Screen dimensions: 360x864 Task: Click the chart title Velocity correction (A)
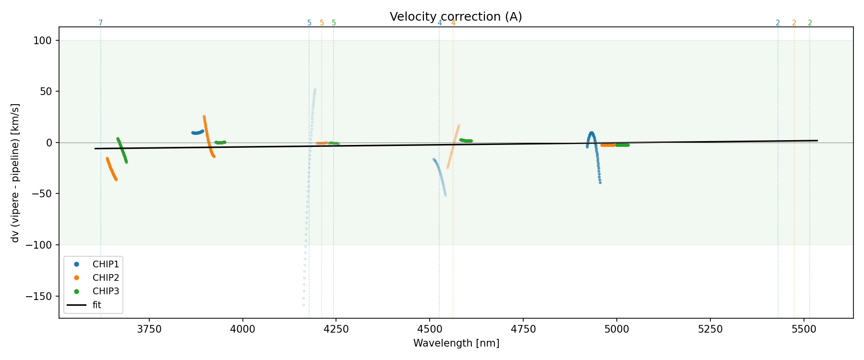pos(456,17)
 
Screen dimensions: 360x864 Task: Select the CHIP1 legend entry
pos(106,264)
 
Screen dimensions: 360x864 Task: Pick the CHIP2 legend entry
pos(106,277)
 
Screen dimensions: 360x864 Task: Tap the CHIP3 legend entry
pos(106,291)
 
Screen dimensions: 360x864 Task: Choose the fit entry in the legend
pos(97,305)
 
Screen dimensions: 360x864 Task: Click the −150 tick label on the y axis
pos(41,296)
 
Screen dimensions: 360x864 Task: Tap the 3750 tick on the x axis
pos(149,329)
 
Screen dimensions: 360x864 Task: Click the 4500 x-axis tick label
pos(430,329)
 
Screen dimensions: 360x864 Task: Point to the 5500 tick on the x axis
pos(804,329)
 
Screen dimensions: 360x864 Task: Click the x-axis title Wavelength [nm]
pos(456,343)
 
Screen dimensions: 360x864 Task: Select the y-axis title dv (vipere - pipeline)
pos(15,173)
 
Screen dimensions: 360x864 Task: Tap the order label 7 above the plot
pos(101,23)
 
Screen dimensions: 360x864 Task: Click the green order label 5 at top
pos(334,23)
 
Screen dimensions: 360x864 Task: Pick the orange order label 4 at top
pos(453,23)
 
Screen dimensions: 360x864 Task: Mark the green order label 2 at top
pos(810,23)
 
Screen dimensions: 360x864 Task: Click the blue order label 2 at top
pos(778,23)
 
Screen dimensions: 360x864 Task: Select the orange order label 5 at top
pos(322,23)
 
